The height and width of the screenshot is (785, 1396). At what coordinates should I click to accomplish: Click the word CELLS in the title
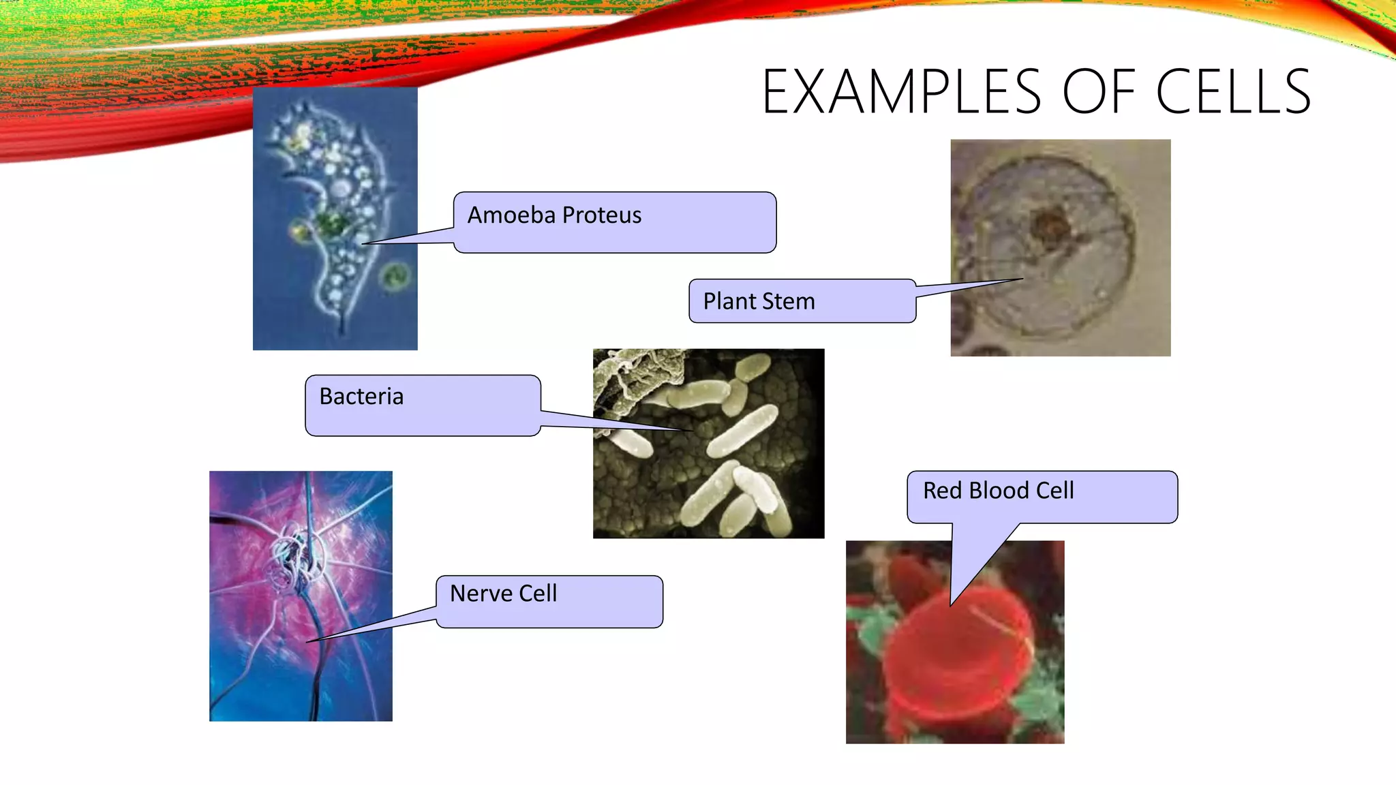[x=1233, y=92]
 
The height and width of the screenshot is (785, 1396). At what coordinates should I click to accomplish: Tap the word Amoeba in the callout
[x=511, y=215]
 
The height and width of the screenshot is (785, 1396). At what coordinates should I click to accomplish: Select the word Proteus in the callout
[x=602, y=215]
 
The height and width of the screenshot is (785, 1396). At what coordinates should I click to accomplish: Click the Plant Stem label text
[x=759, y=301]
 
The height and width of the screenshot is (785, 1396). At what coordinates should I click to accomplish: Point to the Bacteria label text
[x=361, y=397]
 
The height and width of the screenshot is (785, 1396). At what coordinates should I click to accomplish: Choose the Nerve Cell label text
[x=503, y=594]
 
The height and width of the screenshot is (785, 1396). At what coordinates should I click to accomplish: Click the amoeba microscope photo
[x=335, y=218]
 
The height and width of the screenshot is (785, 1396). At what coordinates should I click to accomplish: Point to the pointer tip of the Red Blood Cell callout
[x=952, y=604]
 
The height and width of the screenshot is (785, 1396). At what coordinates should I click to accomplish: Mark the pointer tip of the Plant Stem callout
[x=1022, y=279]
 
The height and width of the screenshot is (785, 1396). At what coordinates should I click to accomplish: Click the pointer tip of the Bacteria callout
[x=691, y=431]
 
